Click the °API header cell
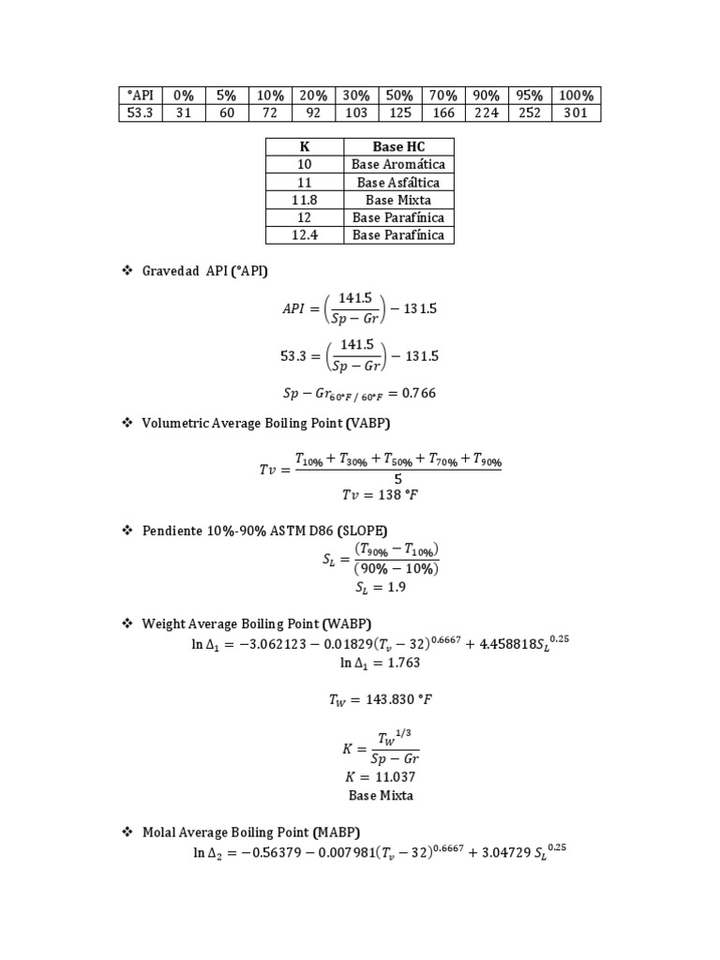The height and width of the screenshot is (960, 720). (x=141, y=96)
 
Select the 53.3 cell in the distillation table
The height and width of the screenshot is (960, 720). (x=141, y=113)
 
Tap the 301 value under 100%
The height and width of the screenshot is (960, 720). (x=577, y=113)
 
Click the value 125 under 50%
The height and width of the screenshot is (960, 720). (x=400, y=113)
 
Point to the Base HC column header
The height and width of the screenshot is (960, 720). (x=398, y=147)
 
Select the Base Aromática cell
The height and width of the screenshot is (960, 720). (x=398, y=165)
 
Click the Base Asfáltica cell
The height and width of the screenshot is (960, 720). (x=398, y=183)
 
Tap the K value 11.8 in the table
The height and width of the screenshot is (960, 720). (x=305, y=201)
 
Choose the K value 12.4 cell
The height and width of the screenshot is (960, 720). (x=305, y=235)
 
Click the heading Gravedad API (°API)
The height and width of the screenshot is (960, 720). (x=204, y=271)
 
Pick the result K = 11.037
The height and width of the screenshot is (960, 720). (x=380, y=777)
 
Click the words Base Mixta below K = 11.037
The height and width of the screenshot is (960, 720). (x=380, y=796)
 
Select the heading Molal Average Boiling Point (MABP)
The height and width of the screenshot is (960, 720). (x=250, y=832)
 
